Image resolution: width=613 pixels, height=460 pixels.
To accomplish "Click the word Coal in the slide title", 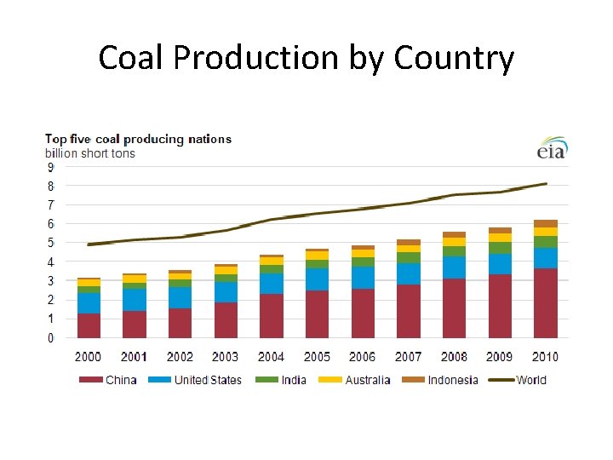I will click(130, 58).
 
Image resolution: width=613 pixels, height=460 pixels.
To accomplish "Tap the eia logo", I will click(551, 149).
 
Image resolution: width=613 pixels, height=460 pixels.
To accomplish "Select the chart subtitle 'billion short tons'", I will click(89, 153).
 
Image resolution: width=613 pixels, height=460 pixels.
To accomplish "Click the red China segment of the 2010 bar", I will click(546, 303).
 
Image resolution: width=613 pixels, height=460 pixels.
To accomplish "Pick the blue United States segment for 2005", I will click(317, 279).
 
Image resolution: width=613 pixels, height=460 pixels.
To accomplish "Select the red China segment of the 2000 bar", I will click(89, 325).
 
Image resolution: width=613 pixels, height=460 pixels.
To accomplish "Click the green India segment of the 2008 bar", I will click(454, 251).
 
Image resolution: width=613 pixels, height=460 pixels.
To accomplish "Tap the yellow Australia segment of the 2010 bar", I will click(546, 232).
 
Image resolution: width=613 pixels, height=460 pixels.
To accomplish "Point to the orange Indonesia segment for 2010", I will click(546, 223).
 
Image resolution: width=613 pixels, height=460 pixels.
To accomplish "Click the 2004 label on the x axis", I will click(271, 357).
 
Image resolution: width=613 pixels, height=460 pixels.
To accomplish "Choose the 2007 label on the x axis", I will click(409, 357).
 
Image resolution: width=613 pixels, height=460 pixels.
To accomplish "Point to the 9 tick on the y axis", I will click(50, 167).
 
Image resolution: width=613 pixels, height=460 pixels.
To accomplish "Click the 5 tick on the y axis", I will click(50, 243).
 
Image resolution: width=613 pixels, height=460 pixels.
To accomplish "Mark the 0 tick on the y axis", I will click(50, 338).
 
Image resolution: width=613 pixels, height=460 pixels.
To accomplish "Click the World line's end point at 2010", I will click(546, 183).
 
